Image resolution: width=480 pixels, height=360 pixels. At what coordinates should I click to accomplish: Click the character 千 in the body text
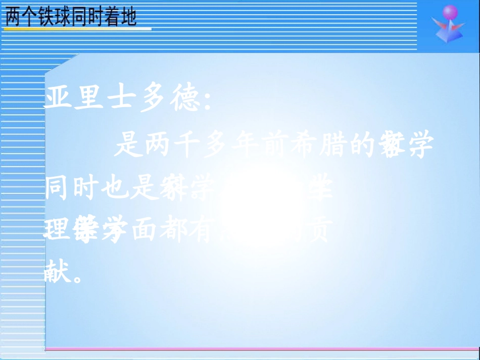[x=192, y=146]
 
